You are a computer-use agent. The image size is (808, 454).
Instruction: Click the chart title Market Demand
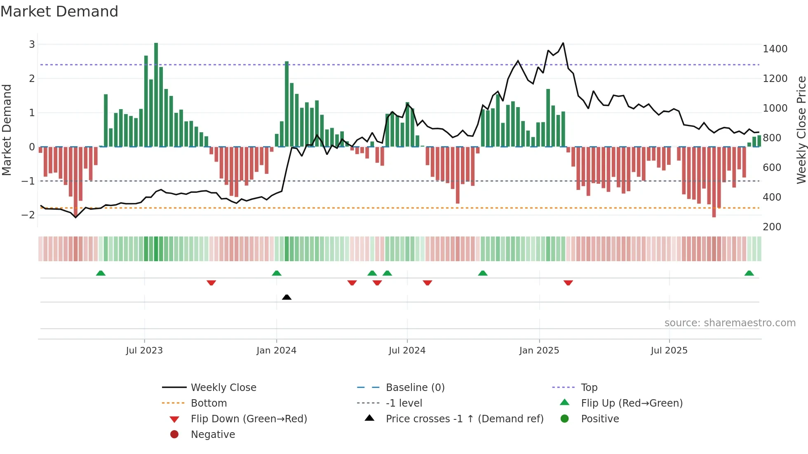59,12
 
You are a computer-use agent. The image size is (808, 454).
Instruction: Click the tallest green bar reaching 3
156,95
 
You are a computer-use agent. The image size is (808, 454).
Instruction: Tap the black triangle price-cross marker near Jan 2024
287,297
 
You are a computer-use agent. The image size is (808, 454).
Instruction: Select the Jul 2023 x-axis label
144,350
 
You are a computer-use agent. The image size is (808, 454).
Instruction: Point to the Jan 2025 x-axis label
539,350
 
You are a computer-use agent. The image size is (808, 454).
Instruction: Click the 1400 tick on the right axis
775,49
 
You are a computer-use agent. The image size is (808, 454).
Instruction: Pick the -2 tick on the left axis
28,215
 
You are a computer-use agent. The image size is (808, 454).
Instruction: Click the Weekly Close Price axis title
801,130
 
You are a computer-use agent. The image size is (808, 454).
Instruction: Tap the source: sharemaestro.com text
730,323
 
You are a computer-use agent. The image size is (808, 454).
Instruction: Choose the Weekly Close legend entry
223,387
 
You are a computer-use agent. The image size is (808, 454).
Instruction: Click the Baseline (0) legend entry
415,387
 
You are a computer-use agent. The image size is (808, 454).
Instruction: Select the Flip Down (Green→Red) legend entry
249,419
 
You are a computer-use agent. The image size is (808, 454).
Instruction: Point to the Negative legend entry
213,434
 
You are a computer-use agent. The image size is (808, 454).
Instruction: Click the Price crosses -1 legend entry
464,419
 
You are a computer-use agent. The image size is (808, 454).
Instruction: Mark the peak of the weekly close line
563,43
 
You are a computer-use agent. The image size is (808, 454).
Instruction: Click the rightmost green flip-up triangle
749,273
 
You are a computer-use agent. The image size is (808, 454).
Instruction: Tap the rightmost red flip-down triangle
568,283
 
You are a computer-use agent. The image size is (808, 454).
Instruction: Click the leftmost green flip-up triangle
101,273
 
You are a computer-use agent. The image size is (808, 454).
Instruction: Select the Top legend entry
589,387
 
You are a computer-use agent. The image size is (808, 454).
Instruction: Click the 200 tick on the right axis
772,227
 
